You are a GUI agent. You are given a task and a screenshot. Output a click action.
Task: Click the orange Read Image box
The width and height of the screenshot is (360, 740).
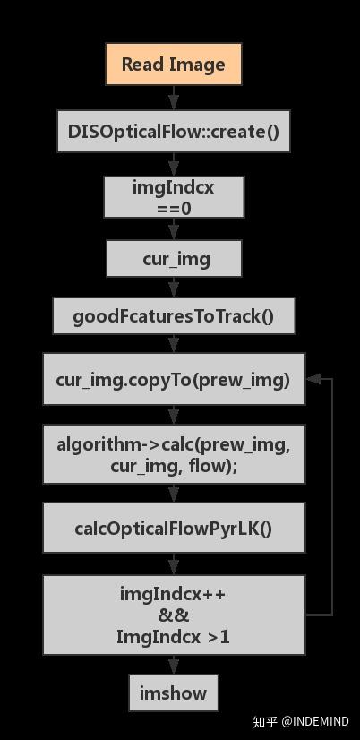[173, 65]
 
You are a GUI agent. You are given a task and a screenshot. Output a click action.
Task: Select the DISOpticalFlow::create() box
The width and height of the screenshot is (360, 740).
[174, 132]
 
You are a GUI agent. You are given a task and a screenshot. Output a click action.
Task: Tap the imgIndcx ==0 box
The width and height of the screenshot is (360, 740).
[174, 197]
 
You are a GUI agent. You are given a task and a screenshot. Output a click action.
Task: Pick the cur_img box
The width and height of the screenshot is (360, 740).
[174, 259]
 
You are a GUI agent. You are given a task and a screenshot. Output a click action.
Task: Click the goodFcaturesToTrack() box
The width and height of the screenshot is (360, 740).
[174, 316]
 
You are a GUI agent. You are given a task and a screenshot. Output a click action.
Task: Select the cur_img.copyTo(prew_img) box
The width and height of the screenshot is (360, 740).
[174, 380]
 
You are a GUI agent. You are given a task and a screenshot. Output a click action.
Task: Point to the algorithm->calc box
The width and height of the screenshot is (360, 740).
[174, 454]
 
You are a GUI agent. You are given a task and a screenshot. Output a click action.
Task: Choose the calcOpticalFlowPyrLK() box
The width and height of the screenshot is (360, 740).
[174, 528]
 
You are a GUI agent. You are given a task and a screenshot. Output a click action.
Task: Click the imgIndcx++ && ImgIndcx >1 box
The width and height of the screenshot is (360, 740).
[174, 615]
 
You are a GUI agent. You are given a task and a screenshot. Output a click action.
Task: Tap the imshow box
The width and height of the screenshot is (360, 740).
[174, 693]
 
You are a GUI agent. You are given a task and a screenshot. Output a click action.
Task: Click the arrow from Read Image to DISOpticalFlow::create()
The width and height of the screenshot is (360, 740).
[174, 97]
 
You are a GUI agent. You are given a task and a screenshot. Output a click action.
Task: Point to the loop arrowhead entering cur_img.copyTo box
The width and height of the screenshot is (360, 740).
[313, 379]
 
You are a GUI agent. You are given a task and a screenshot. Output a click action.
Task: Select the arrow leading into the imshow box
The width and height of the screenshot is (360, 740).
[174, 665]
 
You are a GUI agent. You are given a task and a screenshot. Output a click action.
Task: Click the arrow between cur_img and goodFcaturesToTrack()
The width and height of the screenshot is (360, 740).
[174, 288]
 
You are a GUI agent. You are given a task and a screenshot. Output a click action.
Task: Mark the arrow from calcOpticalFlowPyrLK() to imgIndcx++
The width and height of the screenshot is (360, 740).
[174, 564]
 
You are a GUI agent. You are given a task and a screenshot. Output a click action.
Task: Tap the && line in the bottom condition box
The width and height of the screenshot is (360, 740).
[174, 615]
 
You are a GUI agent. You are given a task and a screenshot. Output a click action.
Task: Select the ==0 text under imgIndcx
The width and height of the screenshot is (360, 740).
[174, 208]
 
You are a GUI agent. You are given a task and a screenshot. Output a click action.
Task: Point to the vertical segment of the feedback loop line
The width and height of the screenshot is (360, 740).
[332, 497]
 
